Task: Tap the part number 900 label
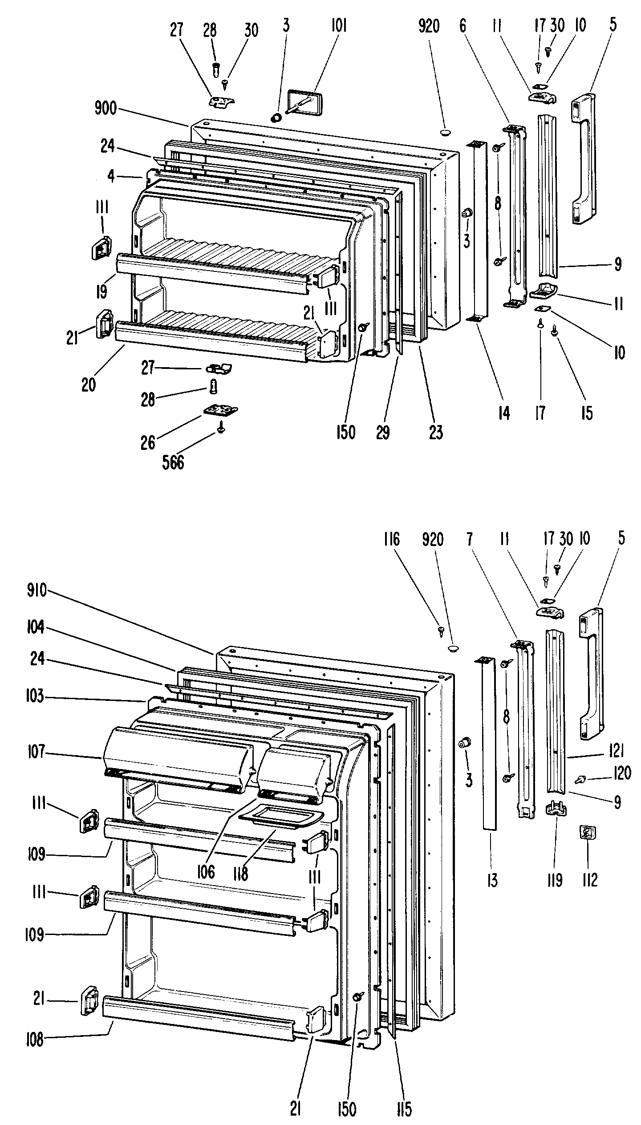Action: [105, 109]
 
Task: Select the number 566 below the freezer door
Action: [173, 462]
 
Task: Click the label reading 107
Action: [36, 753]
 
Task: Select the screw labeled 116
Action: [442, 630]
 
